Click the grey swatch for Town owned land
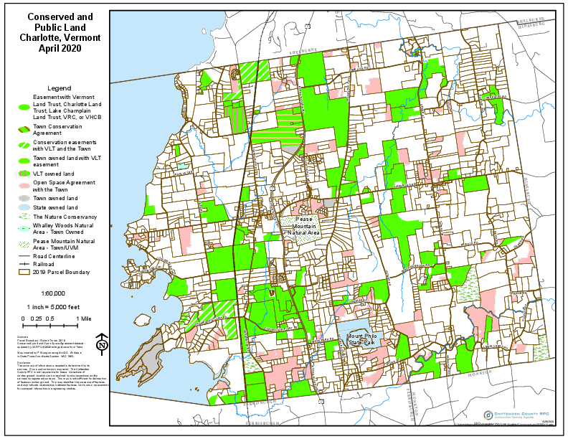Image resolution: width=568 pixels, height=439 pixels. coord(24,198)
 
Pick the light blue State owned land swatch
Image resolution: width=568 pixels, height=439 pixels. coord(24,207)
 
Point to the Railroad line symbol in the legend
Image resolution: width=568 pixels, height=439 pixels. coord(24,264)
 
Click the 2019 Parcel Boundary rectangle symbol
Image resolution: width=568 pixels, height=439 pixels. coord(24,273)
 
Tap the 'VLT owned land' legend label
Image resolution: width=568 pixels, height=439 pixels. coord(55,174)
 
